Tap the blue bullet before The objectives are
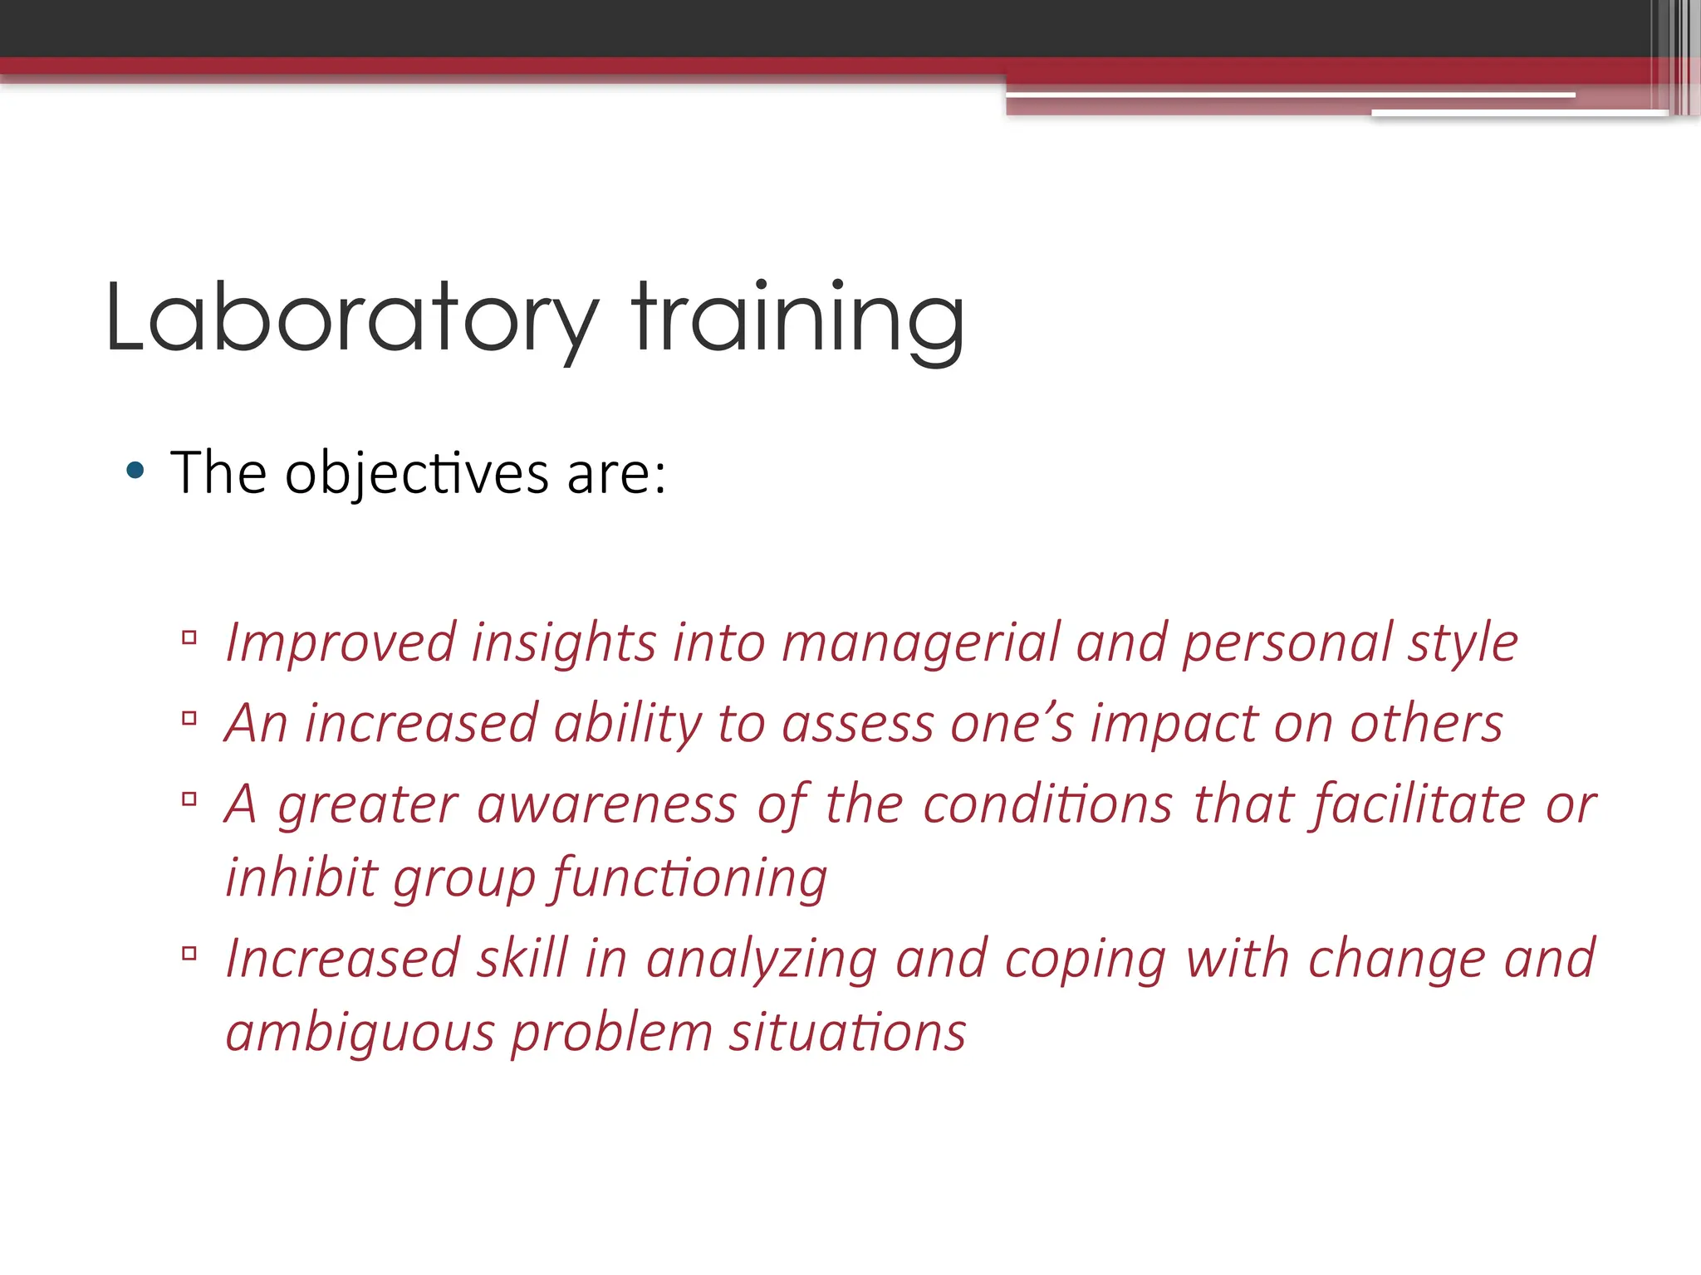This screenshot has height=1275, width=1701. click(135, 471)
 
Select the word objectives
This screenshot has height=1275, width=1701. click(416, 475)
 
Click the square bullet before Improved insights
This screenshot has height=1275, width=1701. click(189, 637)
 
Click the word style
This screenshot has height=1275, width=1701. click(1463, 643)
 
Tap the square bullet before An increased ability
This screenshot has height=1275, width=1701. click(189, 718)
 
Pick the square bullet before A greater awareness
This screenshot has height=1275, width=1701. click(189, 799)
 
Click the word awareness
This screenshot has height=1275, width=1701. click(607, 804)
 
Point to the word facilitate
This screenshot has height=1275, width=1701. click(1419, 804)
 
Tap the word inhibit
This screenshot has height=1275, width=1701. click(301, 877)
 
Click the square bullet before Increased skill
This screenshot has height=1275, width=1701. click(189, 953)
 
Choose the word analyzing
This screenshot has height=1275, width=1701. click(762, 959)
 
